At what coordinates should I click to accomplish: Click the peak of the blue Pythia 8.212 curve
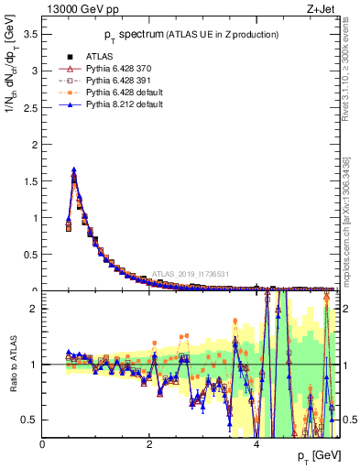[74, 169]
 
